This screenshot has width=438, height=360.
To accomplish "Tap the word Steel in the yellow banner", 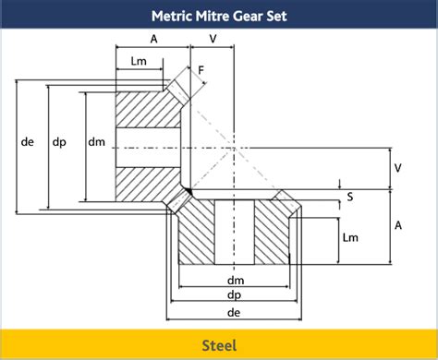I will point(219,345).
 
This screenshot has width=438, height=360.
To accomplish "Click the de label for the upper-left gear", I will point(27,142).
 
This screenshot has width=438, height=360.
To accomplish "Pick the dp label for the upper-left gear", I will point(58,142).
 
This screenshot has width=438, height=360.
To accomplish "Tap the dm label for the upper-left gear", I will point(95,142).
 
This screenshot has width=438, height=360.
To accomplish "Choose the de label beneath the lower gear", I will point(235,314).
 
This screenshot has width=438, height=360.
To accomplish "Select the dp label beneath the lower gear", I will point(235,296).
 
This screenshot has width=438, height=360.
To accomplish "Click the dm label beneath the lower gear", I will point(235,280).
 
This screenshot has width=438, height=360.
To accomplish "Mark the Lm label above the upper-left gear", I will point(140,61).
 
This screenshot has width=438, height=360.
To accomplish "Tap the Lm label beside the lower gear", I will point(350,238).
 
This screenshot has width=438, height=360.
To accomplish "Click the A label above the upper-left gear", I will point(152,39).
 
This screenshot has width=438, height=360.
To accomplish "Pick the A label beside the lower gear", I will point(397,225).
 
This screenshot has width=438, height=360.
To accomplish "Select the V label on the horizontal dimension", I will point(213,39).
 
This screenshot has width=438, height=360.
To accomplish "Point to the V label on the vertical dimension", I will point(397,168).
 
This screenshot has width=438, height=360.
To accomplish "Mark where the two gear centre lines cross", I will point(235,148).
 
